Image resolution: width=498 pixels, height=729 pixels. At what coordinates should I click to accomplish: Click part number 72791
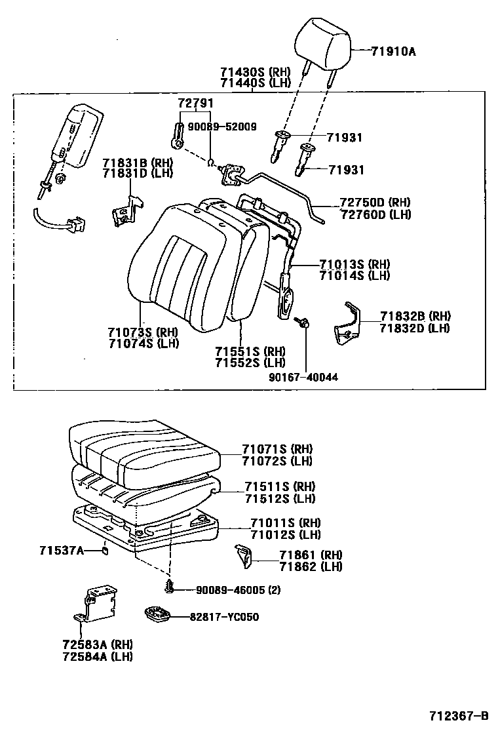point(196,104)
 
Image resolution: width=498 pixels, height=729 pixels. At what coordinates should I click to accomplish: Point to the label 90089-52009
point(222,127)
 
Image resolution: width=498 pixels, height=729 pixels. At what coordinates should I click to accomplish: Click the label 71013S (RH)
point(354,265)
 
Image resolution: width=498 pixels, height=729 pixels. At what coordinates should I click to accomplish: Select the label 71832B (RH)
point(415,317)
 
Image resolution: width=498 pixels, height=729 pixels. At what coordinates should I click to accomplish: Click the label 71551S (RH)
point(250,351)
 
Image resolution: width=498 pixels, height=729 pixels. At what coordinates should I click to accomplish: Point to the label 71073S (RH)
point(144,332)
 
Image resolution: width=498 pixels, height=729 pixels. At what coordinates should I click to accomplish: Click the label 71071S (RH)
point(277,449)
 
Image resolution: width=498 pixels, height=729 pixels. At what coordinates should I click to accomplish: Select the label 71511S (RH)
point(280,486)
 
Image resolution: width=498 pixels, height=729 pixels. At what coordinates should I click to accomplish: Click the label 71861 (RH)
point(311,555)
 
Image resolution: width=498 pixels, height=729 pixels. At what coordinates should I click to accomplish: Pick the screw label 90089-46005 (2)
point(239,589)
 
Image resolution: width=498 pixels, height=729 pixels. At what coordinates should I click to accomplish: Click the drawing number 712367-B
point(459,715)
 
